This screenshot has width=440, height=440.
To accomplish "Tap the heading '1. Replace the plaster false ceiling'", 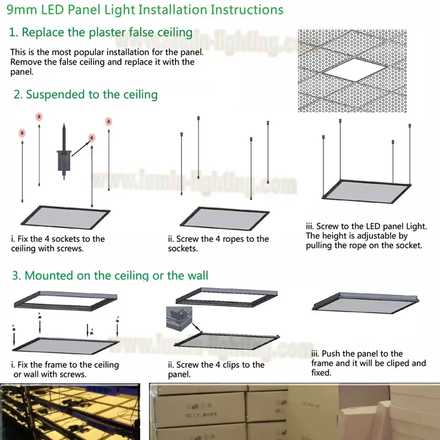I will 101,32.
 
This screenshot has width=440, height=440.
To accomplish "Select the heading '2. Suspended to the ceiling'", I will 85,95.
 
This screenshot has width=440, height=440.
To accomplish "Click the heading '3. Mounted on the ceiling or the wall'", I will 109,275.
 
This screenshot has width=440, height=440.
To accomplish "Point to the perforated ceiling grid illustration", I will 352,71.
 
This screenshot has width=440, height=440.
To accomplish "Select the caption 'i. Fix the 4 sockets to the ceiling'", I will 58,244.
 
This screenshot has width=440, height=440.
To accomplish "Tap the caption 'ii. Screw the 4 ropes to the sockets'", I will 218,244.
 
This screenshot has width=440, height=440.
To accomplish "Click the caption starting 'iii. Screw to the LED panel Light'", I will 366,235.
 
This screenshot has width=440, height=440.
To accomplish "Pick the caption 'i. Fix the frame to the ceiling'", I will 65,370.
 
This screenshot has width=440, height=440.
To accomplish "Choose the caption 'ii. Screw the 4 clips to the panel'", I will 216,370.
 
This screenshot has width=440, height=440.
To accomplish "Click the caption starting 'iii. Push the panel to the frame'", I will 368,363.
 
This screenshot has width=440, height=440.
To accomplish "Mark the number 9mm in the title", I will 19,10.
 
